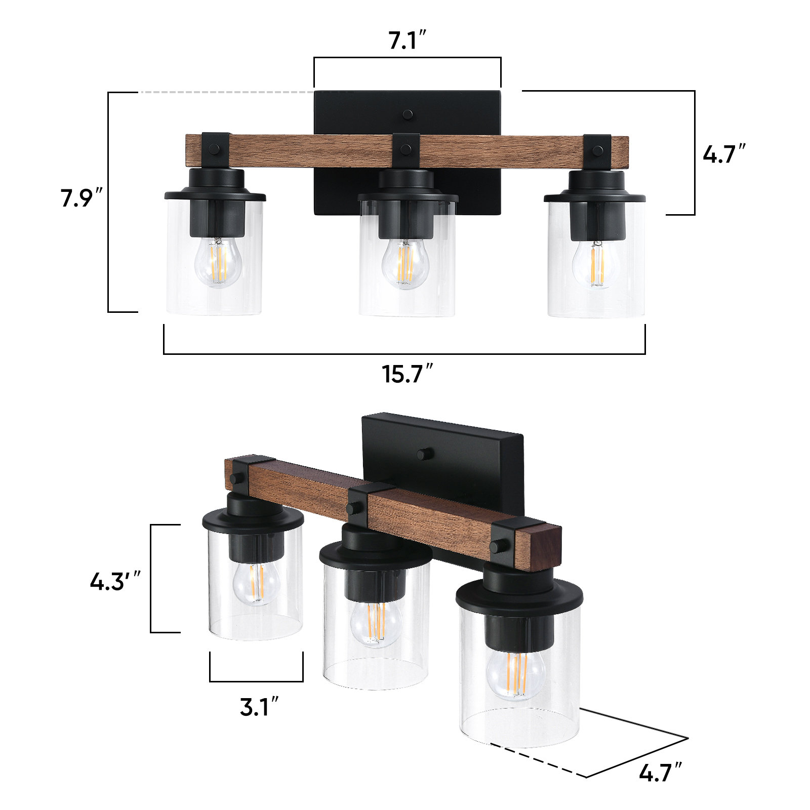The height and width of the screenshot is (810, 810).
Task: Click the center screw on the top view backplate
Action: (408, 114)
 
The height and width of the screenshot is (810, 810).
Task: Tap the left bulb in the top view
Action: (218, 262)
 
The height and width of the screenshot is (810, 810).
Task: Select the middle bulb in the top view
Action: (405, 263)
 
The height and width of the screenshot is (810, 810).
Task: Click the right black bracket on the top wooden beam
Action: (598, 150)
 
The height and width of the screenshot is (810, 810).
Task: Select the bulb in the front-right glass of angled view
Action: (516, 674)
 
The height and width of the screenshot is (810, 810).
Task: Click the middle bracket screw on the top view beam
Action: (406, 149)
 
